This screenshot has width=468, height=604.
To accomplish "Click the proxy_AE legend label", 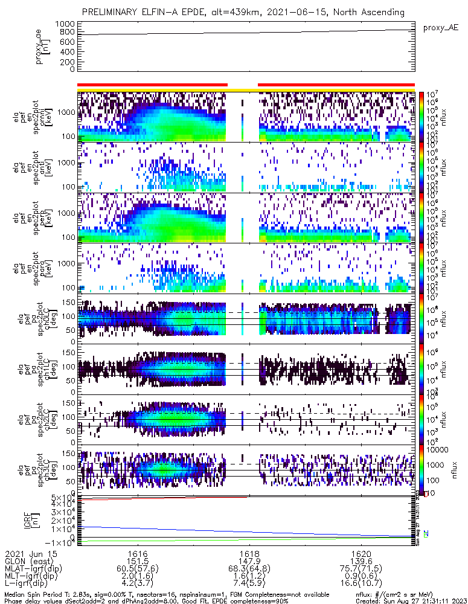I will tap(441, 28).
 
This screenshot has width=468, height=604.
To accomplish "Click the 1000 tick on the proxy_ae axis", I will tap(67, 24).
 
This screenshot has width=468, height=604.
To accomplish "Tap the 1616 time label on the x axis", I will tap(138, 553).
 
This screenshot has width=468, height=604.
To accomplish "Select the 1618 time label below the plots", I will tap(249, 553).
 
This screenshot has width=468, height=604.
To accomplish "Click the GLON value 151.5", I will tap(138, 561).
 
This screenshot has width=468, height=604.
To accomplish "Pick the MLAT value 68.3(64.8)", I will tap(249, 568).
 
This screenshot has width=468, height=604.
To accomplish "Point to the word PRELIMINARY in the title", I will tap(112, 11).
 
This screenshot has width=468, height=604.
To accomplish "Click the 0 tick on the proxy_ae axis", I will tap(72, 69).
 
